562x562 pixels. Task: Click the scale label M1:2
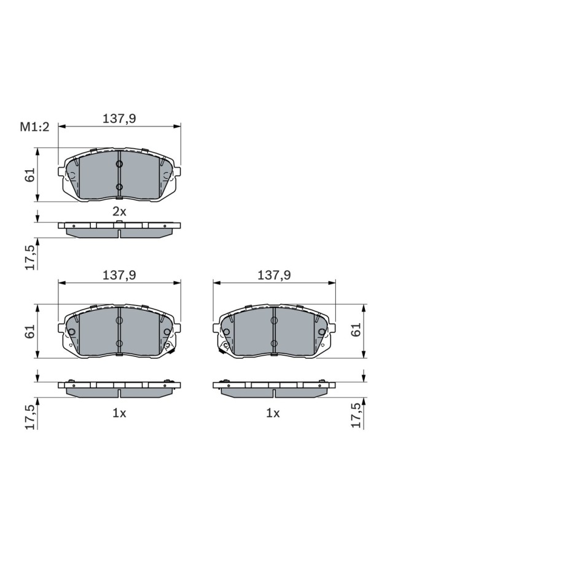click(34, 127)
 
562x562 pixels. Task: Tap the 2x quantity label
click(119, 211)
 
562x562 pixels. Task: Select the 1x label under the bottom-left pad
click(119, 413)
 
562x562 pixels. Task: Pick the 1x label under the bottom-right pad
click(273, 413)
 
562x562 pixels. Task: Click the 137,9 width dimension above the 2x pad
click(119, 119)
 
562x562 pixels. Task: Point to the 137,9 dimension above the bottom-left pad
click(119, 275)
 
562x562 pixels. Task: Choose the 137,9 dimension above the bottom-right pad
click(274, 275)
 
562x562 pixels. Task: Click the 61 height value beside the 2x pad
click(30, 174)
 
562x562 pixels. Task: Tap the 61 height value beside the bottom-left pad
click(30, 331)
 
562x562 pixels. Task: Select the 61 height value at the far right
click(356, 330)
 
